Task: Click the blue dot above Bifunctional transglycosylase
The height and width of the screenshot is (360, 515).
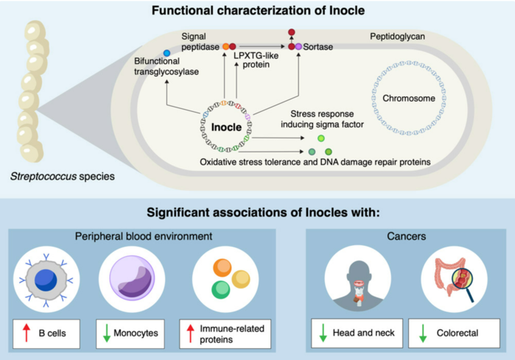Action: coord(167,53)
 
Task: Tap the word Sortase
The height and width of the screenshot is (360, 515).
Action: coord(318,47)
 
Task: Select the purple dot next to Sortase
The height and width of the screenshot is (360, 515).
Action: coord(298,46)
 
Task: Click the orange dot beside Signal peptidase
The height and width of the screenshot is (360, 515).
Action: coord(225,46)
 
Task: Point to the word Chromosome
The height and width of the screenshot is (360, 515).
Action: coord(409,98)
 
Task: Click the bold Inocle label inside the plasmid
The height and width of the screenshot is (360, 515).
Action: coord(226,127)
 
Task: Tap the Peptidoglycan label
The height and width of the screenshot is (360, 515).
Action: coord(397,36)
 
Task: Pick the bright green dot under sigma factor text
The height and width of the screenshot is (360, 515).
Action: coord(321,138)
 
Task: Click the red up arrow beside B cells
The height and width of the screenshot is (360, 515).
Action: coord(27,333)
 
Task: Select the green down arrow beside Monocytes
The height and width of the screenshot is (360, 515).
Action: coord(107,333)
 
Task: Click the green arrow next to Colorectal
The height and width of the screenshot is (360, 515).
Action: coord(423,333)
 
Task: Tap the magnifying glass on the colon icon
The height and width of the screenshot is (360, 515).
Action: coord(463,283)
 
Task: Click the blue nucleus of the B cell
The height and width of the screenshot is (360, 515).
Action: coord(46,280)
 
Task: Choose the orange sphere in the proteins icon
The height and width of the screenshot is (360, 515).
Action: coord(223,267)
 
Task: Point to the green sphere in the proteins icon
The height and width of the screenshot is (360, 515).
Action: coord(221,289)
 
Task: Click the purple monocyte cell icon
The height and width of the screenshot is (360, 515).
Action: coord(132,278)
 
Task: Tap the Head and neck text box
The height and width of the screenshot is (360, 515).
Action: coord(357,333)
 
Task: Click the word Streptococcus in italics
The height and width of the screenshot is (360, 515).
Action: coord(43,177)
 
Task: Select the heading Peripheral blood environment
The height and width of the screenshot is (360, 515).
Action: coord(144,236)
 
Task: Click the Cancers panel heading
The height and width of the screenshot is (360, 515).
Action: coord(406,236)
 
